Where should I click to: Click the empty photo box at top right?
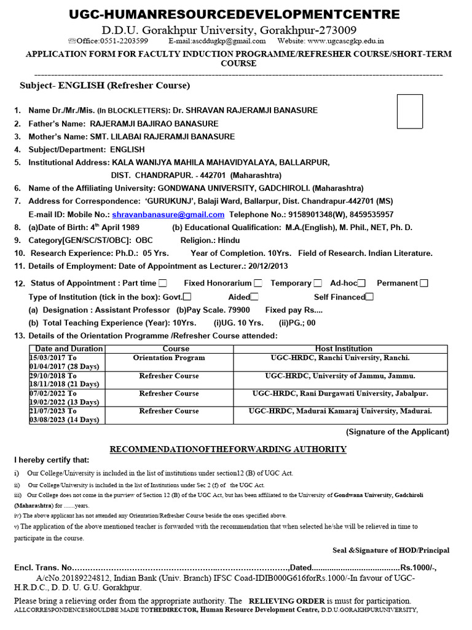(x=410, y=111)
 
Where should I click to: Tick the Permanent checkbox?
(x=424, y=283)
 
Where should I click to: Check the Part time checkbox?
(x=162, y=283)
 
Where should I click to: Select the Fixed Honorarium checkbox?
(x=258, y=283)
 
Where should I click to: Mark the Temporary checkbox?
(x=318, y=283)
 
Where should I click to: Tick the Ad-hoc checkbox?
(x=362, y=283)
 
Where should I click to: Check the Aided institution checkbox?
(x=254, y=297)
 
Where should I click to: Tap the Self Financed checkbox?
(x=369, y=297)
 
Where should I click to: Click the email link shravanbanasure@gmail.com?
(x=168, y=215)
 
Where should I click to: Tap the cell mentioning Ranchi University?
(x=340, y=358)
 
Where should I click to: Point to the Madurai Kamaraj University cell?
(x=340, y=411)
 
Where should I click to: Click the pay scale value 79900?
(x=238, y=310)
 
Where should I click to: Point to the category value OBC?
(x=144, y=240)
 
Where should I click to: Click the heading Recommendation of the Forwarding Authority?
(x=228, y=449)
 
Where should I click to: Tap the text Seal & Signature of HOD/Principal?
(x=387, y=550)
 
